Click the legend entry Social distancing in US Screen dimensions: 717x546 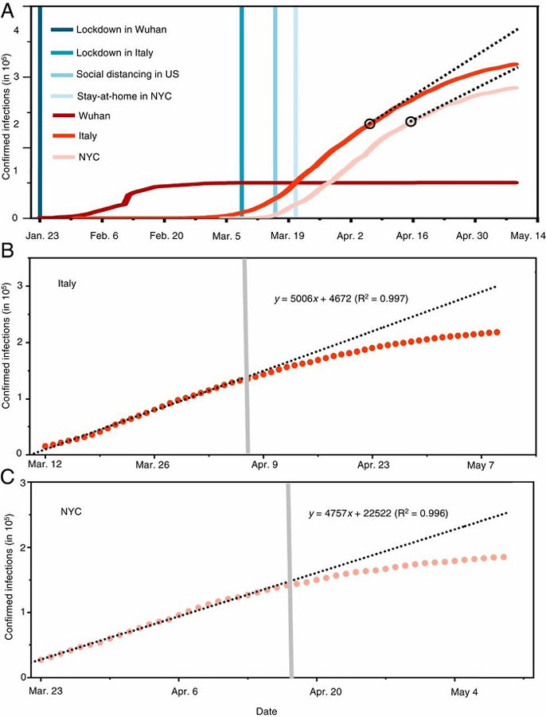click(x=127, y=74)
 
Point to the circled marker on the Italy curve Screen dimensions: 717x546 click(x=369, y=123)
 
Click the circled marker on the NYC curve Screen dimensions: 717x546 click(x=411, y=121)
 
